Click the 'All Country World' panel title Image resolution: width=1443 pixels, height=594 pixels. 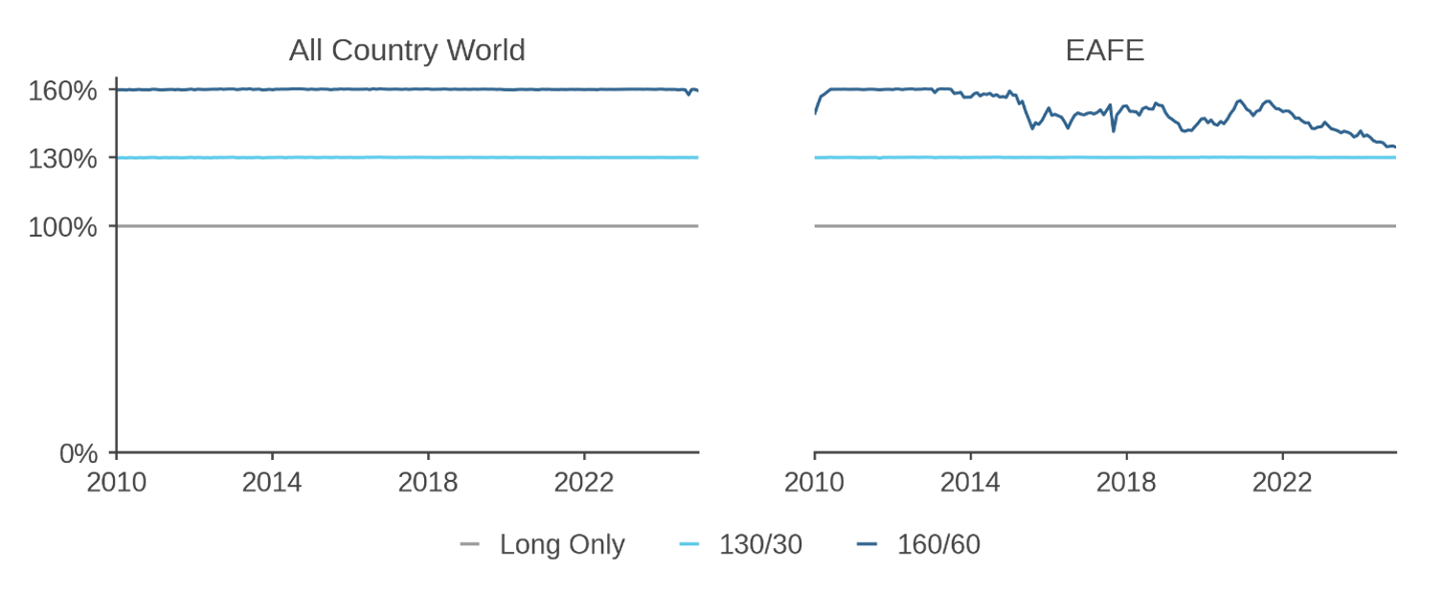pos(407,50)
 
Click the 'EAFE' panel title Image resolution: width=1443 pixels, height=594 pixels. pos(1104,50)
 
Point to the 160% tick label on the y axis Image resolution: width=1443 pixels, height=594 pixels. pos(64,91)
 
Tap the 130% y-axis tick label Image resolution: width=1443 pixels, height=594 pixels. pos(64,158)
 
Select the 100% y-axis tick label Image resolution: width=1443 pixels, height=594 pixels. pos(64,227)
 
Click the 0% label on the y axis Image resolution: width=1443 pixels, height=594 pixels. pos(79,453)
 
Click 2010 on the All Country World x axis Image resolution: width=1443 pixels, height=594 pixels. pos(117,482)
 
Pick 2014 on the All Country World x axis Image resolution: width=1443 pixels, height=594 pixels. pos(272,482)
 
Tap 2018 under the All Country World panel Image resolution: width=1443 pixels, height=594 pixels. pos(428,482)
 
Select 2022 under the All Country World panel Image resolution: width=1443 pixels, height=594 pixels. pos(584,482)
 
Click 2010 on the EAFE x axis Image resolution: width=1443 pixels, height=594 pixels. pos(815,482)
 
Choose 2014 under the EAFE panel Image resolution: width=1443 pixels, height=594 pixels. pos(970,482)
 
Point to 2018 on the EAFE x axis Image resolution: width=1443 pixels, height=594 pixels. pos(1126,482)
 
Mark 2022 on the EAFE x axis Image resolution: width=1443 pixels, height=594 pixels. pos(1282,482)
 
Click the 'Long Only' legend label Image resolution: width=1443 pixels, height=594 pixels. pos(562,545)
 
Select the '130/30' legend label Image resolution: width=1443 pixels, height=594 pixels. pos(761,545)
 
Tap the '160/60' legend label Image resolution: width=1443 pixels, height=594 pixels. pos(938,545)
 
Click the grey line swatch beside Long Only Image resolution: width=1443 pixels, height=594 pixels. pos(469,545)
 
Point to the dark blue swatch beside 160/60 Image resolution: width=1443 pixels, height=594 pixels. pos(867,545)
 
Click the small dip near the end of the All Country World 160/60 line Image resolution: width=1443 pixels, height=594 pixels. pos(688,95)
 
